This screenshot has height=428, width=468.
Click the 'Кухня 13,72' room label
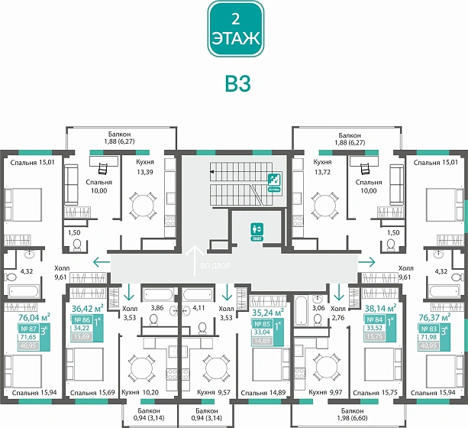point(323,168)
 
